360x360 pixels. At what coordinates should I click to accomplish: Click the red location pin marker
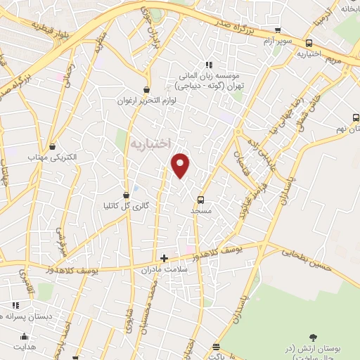pyautogui.click(x=181, y=164)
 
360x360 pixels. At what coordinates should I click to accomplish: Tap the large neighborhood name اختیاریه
pyautogui.click(x=150, y=143)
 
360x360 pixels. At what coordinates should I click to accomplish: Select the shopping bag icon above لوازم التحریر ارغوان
pyautogui.click(x=146, y=90)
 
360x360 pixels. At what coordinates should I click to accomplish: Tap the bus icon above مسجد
pyautogui.click(x=201, y=200)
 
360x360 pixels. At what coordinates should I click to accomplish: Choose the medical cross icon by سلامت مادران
pyautogui.click(x=165, y=258)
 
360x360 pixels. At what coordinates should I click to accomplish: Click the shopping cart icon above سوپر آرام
pyautogui.click(x=278, y=30)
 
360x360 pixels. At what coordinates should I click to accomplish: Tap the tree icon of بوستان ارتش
pyautogui.click(x=314, y=339)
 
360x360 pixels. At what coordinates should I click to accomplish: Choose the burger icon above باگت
pyautogui.click(x=215, y=347)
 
